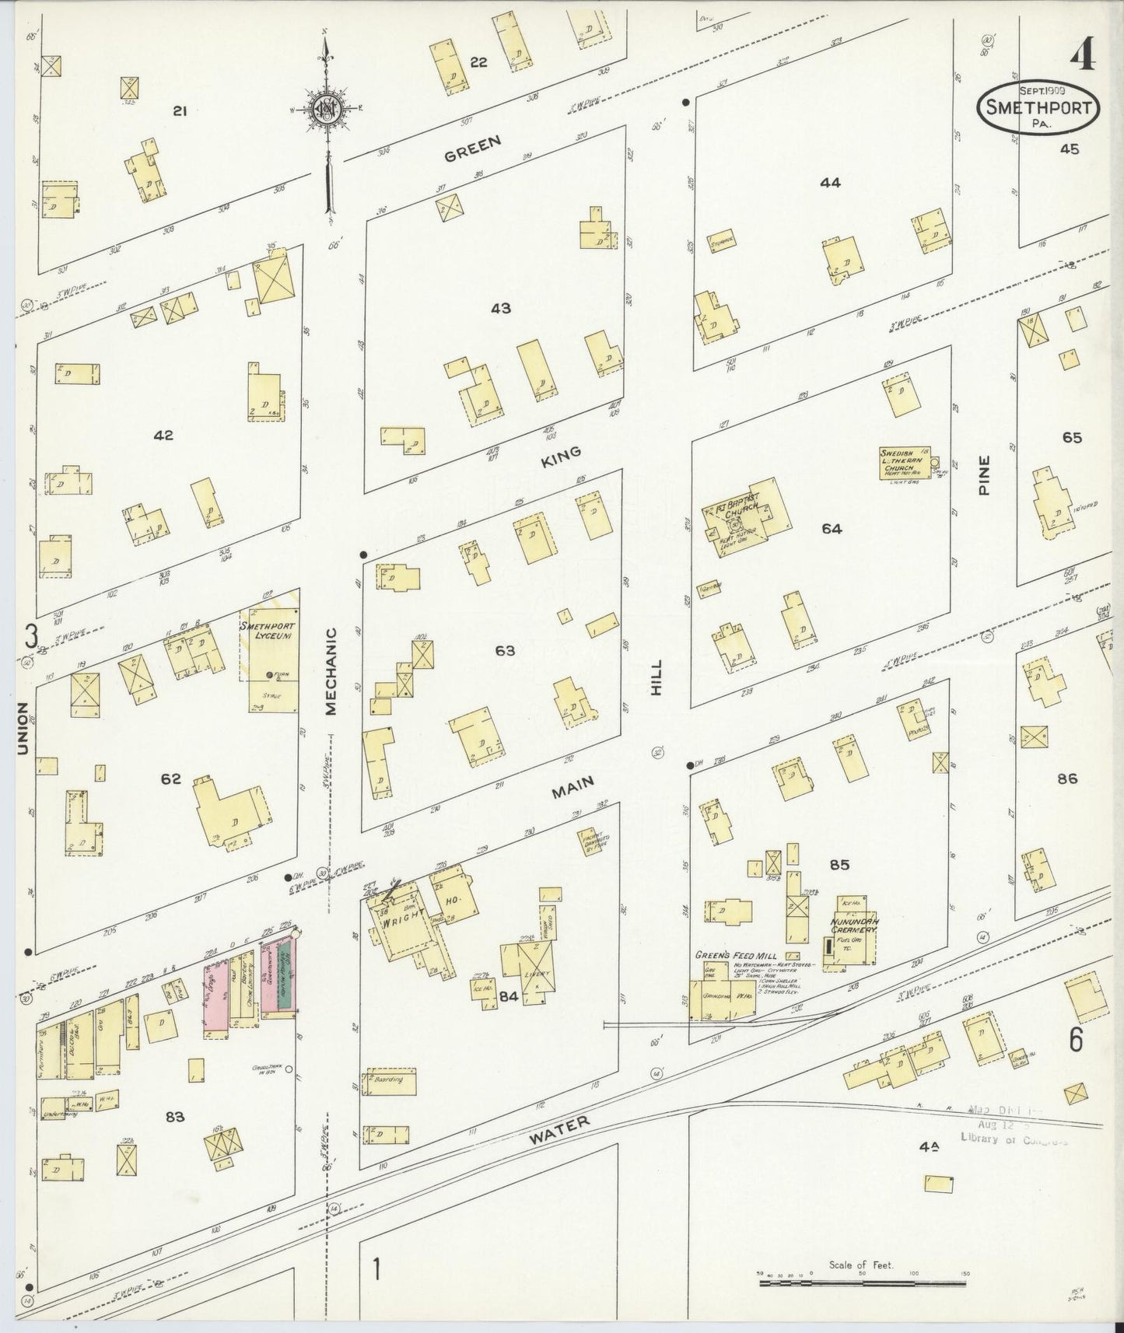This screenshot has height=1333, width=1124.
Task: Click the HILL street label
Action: pyautogui.click(x=657, y=677)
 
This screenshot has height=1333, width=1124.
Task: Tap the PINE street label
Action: pyautogui.click(x=985, y=476)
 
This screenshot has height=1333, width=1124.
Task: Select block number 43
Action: pyautogui.click(x=500, y=309)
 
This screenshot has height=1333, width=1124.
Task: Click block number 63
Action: pyautogui.click(x=505, y=650)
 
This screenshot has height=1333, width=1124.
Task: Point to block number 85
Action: pyautogui.click(x=839, y=865)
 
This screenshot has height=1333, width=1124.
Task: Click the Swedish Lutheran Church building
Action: pyautogui.click(x=904, y=464)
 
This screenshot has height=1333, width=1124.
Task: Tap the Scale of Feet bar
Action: pyautogui.click(x=861, y=1279)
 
